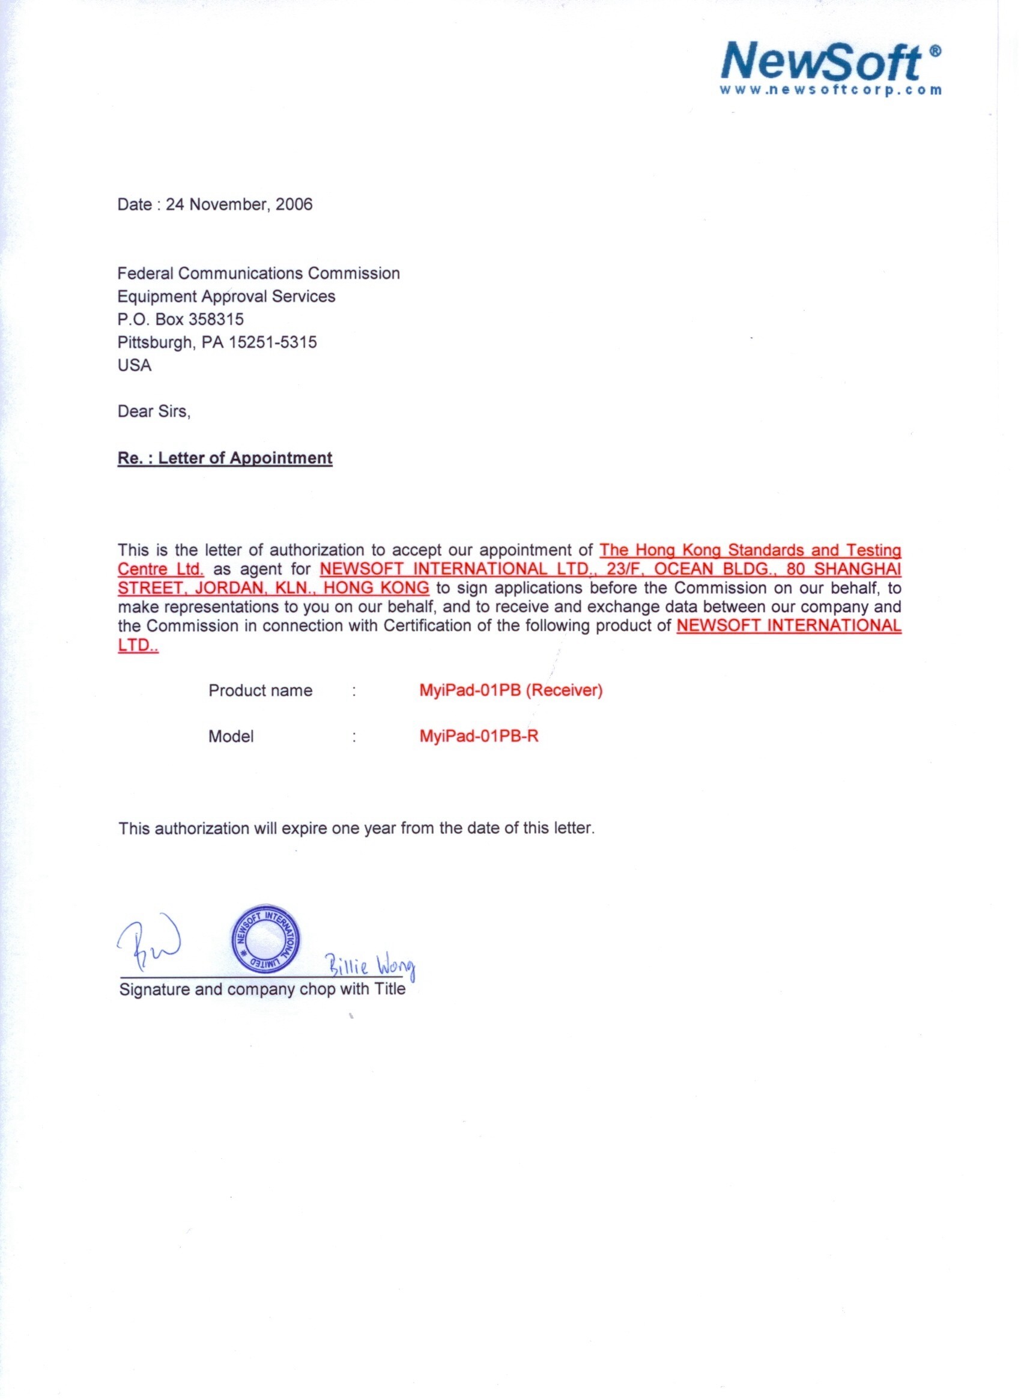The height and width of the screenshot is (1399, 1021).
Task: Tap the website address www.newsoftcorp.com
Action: (831, 90)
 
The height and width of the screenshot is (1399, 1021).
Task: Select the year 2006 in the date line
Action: (294, 205)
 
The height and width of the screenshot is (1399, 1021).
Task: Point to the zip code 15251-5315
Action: (273, 342)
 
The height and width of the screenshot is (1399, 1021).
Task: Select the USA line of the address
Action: (134, 365)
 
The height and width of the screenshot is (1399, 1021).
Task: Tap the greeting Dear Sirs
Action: (154, 411)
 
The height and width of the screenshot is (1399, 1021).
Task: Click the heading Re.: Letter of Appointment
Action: (225, 458)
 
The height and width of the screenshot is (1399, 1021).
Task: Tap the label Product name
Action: (260, 691)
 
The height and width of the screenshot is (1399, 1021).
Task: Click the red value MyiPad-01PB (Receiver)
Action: (510, 691)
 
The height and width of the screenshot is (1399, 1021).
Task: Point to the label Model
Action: (231, 736)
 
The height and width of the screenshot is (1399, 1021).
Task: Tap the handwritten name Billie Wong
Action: (370, 966)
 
